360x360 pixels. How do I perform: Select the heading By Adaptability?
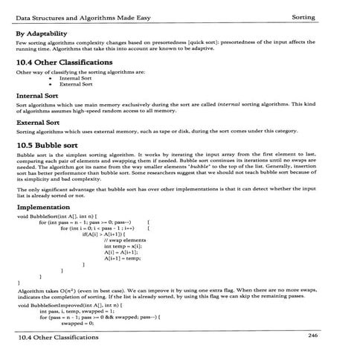tap(46, 34)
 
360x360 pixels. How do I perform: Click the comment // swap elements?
tap(124, 242)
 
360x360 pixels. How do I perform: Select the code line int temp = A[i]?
tap(123, 249)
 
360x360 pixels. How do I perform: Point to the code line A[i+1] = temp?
tap(123, 261)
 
